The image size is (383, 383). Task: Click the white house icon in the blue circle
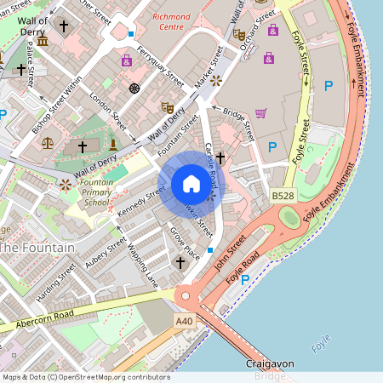191,183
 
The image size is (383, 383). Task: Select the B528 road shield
283,197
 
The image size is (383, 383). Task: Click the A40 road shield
185,321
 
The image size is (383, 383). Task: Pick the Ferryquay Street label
160,67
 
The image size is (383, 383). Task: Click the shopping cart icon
260,112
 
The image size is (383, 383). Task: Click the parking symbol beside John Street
245,279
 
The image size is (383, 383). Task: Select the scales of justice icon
47,141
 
